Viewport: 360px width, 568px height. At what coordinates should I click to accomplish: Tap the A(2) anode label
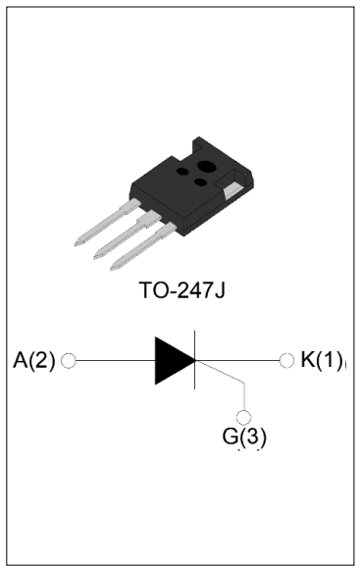[x=35, y=360]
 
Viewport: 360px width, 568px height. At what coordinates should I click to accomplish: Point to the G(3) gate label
[x=245, y=437]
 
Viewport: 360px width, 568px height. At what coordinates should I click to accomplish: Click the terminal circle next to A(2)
[x=69, y=361]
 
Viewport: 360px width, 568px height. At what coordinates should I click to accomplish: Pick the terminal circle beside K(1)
[x=286, y=361]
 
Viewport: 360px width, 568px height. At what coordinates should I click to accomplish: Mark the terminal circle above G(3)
[x=245, y=415]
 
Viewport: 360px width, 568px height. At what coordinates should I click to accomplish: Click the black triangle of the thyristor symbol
[x=173, y=361]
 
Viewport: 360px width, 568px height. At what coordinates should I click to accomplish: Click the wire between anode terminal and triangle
[x=113, y=361]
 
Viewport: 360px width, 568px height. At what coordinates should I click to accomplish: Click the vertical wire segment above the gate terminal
[x=245, y=397]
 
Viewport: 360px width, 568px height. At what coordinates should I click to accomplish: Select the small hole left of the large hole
[x=183, y=171]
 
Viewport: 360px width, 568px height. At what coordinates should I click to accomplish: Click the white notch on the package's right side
[x=234, y=188]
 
